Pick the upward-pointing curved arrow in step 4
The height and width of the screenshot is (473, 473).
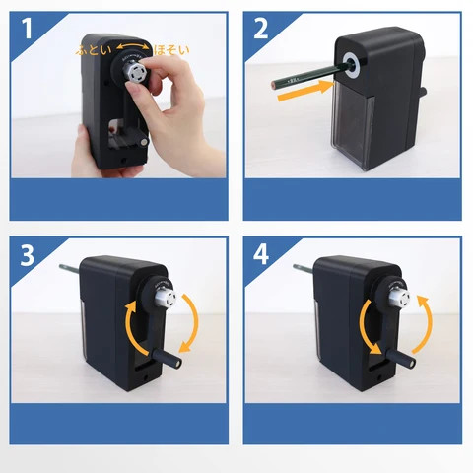[x=424, y=320]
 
